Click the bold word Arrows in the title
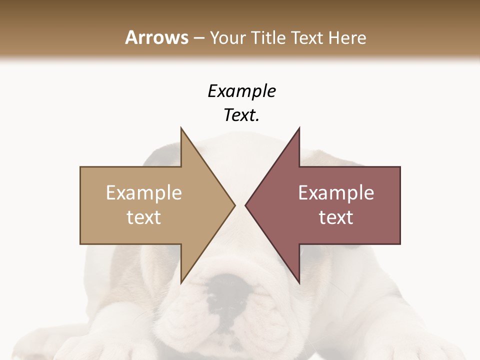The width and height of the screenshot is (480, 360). coord(157,37)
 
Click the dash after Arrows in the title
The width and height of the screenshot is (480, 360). coord(199,38)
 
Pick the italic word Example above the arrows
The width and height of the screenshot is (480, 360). coord(241,91)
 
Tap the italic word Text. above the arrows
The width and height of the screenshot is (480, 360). coord(241,115)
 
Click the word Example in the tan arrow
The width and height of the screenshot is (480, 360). coord(144,193)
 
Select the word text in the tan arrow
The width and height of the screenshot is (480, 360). coord(144,217)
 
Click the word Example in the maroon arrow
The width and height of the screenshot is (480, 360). coord(336,193)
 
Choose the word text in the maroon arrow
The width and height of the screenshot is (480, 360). coord(336,217)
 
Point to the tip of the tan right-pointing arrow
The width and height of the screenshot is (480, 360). coord(234,205)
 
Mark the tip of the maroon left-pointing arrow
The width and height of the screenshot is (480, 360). coord(246,205)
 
